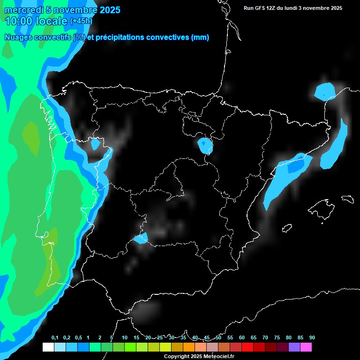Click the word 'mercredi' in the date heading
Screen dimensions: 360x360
tap(24, 10)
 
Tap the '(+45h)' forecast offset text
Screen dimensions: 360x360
tap(81, 21)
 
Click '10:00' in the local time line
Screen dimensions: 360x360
tap(18, 21)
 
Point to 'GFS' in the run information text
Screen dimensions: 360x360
tap(262, 8)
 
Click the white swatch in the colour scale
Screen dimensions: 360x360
tap(48, 347)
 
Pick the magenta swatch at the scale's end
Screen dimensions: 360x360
tap(306, 347)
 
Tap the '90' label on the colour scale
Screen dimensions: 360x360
tap(312, 338)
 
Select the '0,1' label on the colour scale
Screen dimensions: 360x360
tap(55, 338)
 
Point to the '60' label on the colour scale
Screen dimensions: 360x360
tap(241, 338)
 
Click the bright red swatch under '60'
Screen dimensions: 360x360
tap(247, 347)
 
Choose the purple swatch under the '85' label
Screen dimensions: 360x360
tap(294, 347)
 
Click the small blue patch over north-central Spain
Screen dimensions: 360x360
tap(205, 146)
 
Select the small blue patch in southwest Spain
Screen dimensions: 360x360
tap(141, 239)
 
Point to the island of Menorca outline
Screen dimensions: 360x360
tap(348, 199)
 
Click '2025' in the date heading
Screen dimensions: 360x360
tap(110, 10)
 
